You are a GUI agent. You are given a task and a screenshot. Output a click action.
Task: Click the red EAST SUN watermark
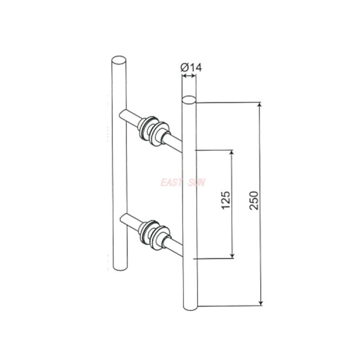click(182, 182)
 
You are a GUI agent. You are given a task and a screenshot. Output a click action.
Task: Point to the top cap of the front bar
click(189, 99)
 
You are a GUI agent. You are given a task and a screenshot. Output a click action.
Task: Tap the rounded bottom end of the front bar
click(190, 307)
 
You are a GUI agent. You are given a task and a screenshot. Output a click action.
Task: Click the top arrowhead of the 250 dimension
click(261, 106)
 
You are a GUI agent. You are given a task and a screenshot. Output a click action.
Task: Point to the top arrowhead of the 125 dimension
click(233, 153)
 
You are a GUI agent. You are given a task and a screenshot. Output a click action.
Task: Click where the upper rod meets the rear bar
click(124, 115)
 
